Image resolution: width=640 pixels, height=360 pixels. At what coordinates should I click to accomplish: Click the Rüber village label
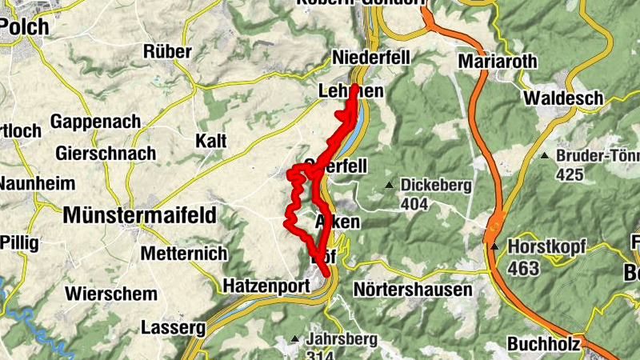[167, 52]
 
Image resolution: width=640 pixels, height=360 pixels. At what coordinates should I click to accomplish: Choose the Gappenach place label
[95, 122]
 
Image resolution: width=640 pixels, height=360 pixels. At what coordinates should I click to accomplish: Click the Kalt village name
[211, 142]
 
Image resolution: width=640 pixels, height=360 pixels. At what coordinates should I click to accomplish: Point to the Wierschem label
[112, 293]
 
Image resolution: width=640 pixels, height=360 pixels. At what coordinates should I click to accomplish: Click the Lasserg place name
[174, 327]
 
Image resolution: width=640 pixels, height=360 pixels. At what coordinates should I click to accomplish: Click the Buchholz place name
[545, 344]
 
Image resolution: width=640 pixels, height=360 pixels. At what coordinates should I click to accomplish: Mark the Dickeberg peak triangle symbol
[390, 186]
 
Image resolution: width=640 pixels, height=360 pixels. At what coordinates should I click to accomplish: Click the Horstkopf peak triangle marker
[495, 246]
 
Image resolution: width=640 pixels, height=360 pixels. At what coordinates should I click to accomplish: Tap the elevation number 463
[523, 269]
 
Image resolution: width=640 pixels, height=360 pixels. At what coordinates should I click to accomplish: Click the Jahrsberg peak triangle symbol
[295, 338]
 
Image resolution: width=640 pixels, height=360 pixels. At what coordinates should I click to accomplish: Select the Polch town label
[24, 26]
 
